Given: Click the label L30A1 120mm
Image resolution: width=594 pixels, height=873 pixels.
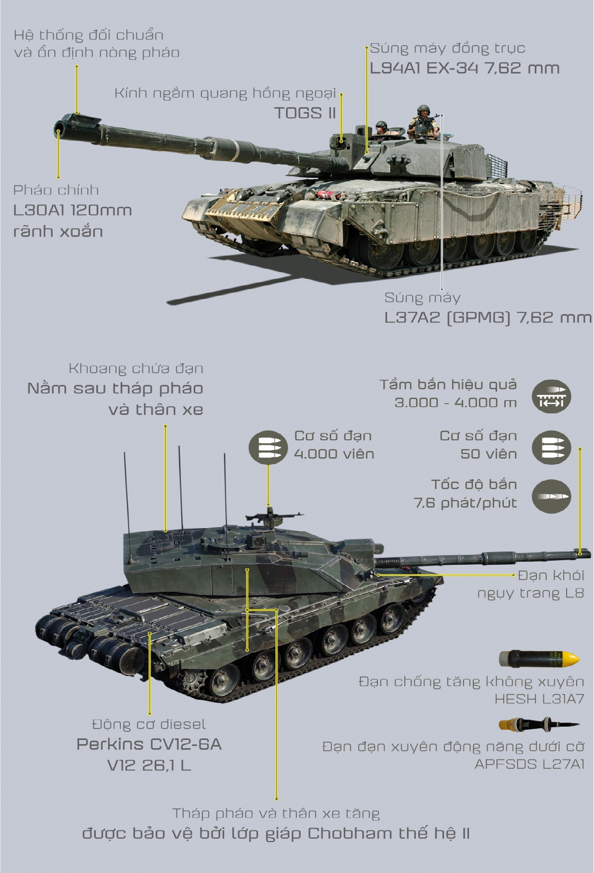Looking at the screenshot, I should click(x=73, y=210).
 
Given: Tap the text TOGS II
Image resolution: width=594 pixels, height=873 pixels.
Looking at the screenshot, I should click(x=305, y=113).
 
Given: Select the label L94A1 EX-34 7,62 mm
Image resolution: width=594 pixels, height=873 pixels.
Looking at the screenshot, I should click(x=464, y=68).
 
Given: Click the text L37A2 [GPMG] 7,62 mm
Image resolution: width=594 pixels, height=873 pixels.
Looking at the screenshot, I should click(x=487, y=318).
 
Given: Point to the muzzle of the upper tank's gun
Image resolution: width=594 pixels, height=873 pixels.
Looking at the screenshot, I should click(x=60, y=126).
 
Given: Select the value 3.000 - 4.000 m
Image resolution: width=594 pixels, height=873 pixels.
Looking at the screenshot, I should click(x=456, y=403).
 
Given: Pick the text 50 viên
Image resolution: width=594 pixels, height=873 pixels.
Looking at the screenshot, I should click(x=488, y=454).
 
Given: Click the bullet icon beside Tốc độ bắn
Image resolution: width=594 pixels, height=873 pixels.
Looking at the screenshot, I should click(x=551, y=495).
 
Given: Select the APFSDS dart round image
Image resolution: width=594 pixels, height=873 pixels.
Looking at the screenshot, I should click(x=538, y=725).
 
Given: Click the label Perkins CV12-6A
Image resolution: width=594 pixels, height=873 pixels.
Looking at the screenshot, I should click(x=149, y=745).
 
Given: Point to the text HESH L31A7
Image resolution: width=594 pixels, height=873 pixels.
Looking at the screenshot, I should click(x=539, y=699).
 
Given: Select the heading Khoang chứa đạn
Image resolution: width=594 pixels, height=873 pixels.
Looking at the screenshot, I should click(x=135, y=369).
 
